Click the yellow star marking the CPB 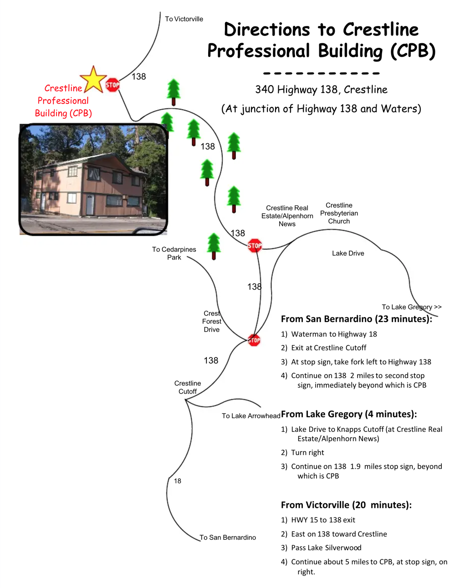point(93,80)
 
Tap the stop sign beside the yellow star point(112,85)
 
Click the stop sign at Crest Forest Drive point(254,340)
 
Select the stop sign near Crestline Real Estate point(255,245)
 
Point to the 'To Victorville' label point(184,19)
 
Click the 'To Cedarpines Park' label point(174,253)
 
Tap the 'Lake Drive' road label point(348,253)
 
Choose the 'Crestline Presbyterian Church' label point(339,213)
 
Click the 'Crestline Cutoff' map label point(188,387)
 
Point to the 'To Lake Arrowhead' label point(251,416)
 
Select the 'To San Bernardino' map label point(228,537)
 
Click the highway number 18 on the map point(178,481)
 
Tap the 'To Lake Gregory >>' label point(411,307)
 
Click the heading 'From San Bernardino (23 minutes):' point(357,319)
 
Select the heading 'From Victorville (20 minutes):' point(346,505)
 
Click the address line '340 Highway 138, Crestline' point(322,90)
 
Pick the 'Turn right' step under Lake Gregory point(302,452)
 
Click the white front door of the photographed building point(90,205)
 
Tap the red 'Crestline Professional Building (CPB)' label point(63,101)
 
